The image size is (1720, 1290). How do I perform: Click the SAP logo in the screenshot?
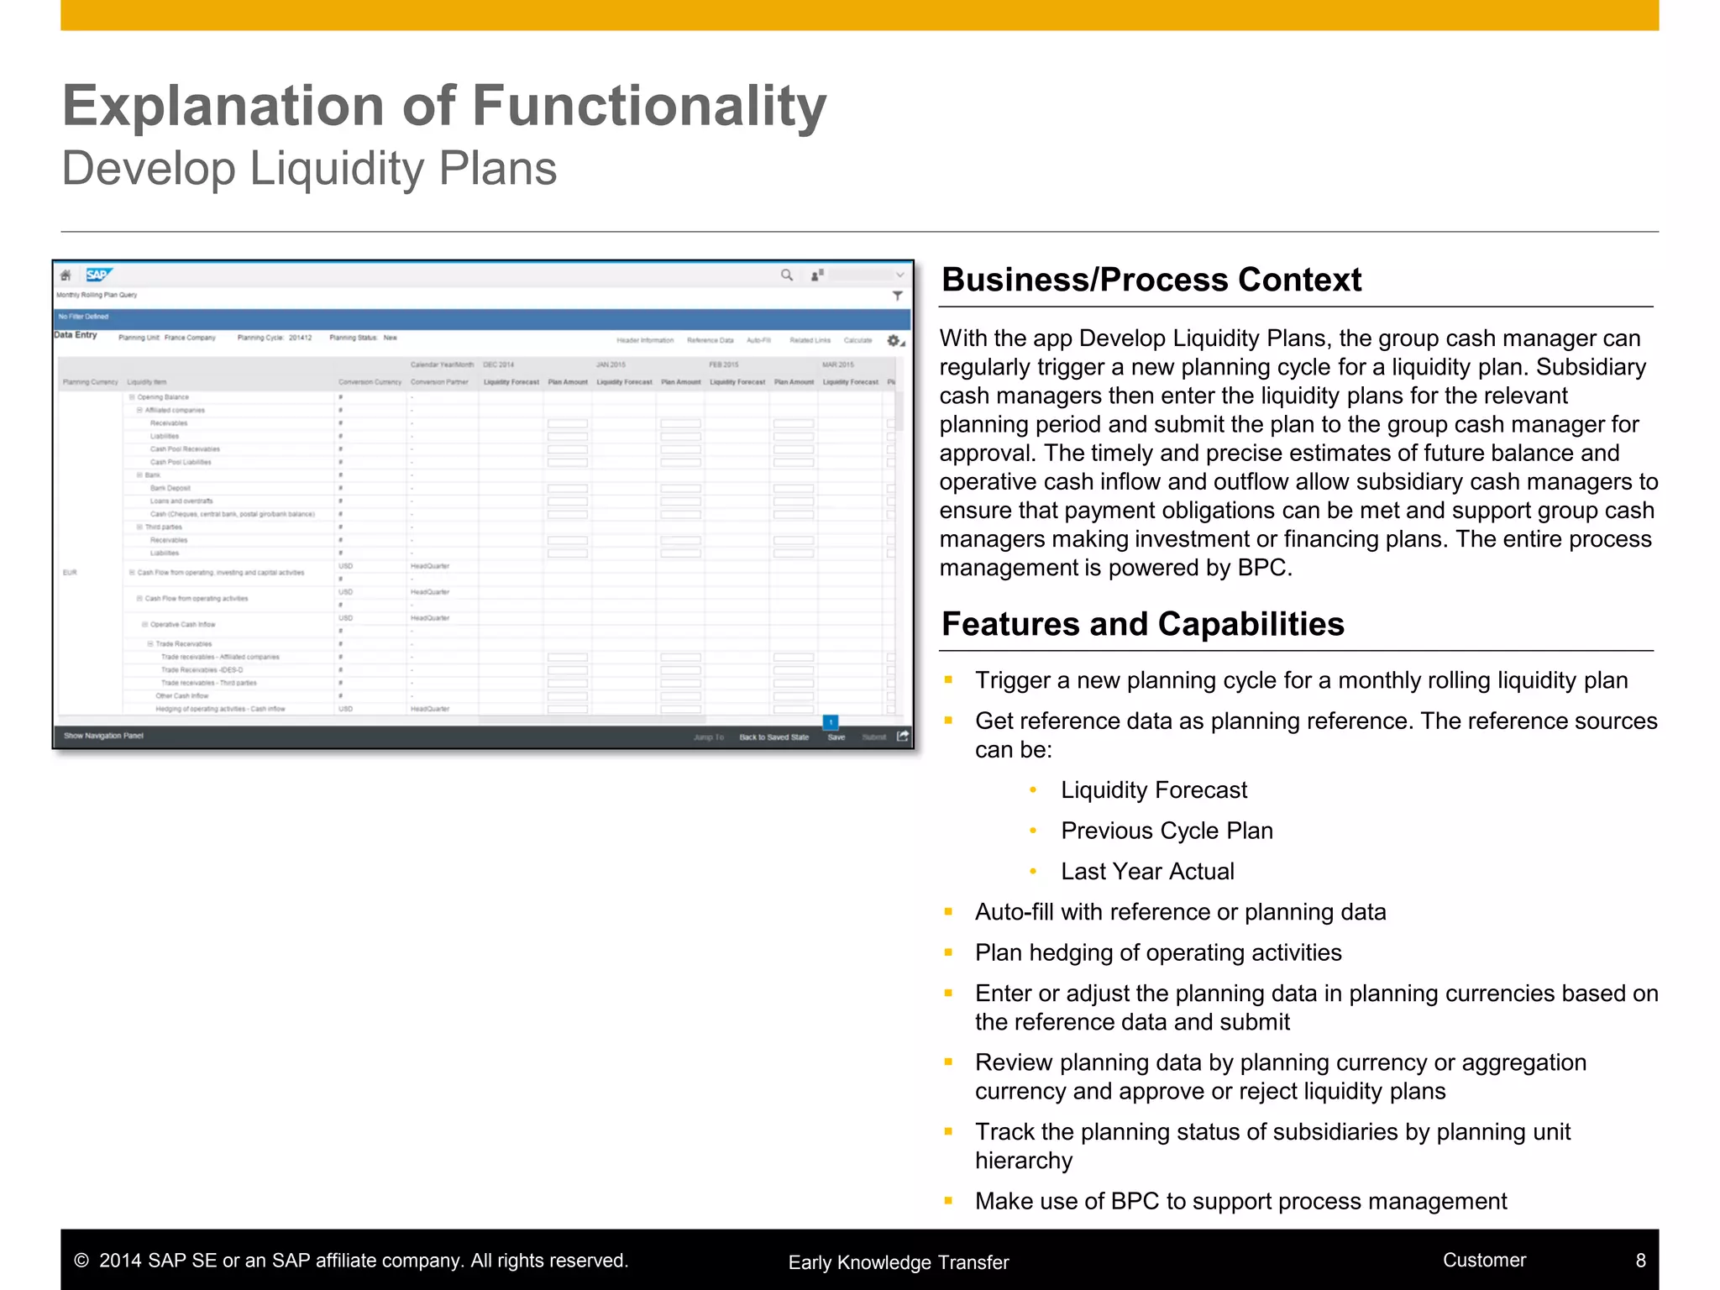point(98,275)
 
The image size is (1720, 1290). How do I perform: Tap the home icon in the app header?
point(66,275)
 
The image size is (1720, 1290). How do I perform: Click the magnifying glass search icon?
point(787,275)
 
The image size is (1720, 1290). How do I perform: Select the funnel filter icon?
point(897,296)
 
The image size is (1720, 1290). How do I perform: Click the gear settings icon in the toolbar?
point(894,340)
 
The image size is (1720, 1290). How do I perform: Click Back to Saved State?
point(773,737)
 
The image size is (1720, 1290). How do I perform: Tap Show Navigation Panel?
point(103,736)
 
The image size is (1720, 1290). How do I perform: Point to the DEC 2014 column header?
point(499,364)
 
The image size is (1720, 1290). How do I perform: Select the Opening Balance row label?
point(163,397)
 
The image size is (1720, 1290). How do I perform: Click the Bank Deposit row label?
point(170,488)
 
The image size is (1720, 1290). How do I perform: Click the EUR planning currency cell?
point(70,573)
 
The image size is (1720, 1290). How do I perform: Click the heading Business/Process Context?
point(1151,280)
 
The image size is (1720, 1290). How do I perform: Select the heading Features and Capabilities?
point(1142,624)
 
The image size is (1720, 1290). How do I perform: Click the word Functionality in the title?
point(649,107)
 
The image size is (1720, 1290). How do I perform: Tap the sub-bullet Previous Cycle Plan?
point(1167,831)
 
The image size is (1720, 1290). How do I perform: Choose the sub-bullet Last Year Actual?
point(1147,872)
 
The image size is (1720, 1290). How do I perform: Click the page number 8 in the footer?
point(1640,1260)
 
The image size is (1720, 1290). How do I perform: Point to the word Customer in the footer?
point(1484,1260)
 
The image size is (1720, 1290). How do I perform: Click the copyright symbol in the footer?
point(81,1261)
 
